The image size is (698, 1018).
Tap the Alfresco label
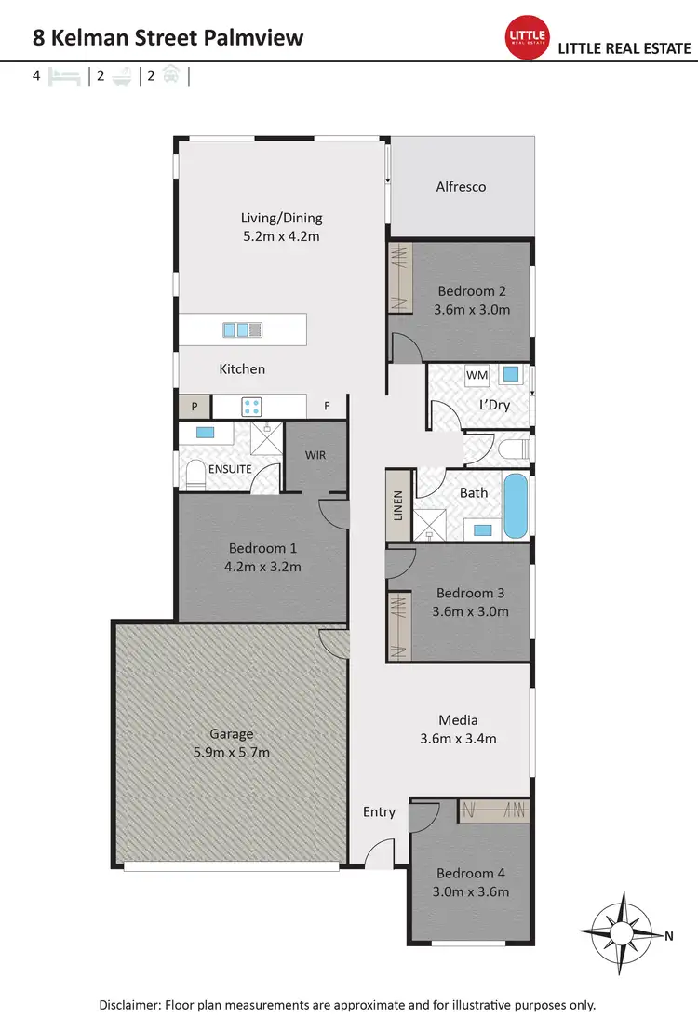point(461,187)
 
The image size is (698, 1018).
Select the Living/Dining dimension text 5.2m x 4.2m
point(281,236)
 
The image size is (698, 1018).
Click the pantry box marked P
point(195,406)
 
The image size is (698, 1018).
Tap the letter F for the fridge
point(327,406)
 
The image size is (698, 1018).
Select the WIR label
point(315,456)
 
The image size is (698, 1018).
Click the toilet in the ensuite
point(195,476)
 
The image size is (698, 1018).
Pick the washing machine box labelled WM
point(477,375)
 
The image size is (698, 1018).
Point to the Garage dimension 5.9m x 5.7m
point(231,752)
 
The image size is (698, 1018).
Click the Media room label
point(458,720)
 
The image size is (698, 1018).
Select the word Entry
point(379,811)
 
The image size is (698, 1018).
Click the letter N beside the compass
point(668,936)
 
